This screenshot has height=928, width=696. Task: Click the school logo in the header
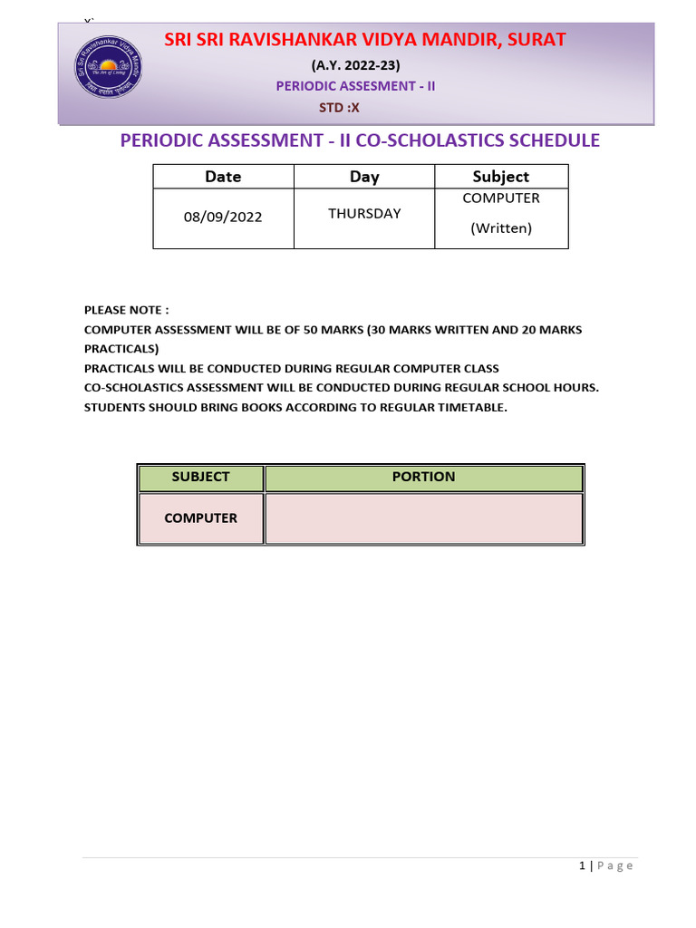point(109,73)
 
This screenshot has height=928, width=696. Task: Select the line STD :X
point(340,107)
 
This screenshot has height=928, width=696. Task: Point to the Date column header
point(223,177)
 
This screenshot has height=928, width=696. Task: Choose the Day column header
point(364,177)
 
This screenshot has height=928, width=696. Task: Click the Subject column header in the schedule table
point(501,177)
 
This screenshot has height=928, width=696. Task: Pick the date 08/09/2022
point(223,218)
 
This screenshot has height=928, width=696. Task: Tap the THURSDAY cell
point(364,214)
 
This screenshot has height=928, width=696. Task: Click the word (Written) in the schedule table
point(501,228)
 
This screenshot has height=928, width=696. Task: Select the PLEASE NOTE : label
point(127,310)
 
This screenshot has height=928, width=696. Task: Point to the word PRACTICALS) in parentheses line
point(121,349)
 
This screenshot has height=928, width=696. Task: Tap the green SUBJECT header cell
point(200,477)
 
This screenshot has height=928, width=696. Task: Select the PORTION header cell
point(423,477)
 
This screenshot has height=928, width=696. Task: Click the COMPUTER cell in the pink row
point(200,518)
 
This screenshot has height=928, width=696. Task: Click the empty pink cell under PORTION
point(423,518)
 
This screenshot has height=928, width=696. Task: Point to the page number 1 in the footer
point(582,866)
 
